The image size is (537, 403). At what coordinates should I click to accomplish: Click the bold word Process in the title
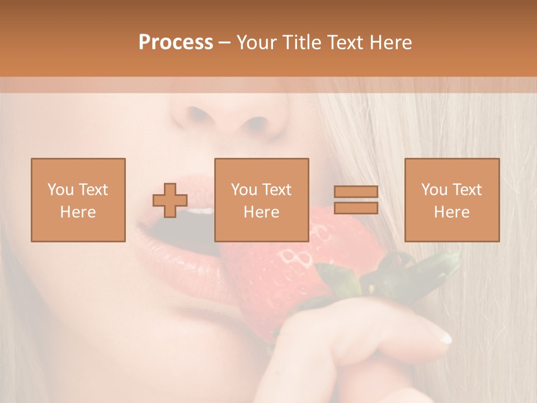[x=176, y=42]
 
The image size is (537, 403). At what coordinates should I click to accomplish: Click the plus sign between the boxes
[x=170, y=200]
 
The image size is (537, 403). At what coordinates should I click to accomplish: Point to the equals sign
[x=356, y=200]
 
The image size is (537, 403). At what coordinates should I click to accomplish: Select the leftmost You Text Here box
[x=78, y=200]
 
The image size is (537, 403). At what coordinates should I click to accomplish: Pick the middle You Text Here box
[x=262, y=200]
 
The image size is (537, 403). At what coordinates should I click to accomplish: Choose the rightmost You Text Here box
[x=452, y=200]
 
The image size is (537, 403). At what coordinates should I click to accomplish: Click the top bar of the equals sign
[x=356, y=192]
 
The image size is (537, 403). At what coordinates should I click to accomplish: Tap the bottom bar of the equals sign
[x=356, y=208]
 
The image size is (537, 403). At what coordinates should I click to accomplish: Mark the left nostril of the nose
[x=196, y=115]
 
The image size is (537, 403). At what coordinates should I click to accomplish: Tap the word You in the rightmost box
[x=434, y=190]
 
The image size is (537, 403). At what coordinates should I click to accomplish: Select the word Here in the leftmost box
[x=78, y=212]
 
